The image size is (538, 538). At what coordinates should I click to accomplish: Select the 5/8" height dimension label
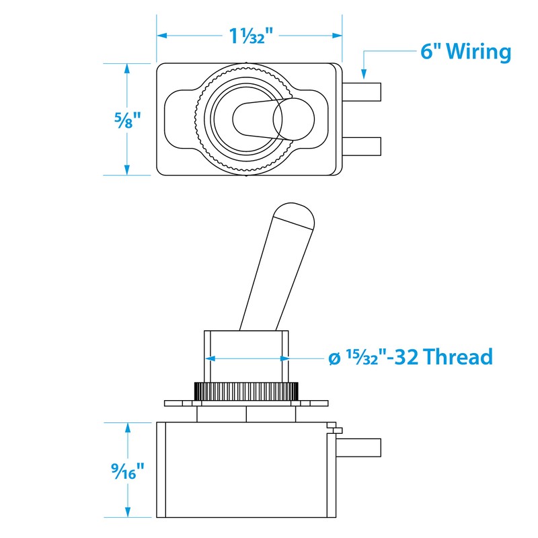tap(127, 120)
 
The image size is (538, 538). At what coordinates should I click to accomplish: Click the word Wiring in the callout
tap(478, 52)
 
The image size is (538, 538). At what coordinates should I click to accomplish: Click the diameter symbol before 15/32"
tap(334, 358)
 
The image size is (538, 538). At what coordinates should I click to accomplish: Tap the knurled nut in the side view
tap(245, 391)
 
